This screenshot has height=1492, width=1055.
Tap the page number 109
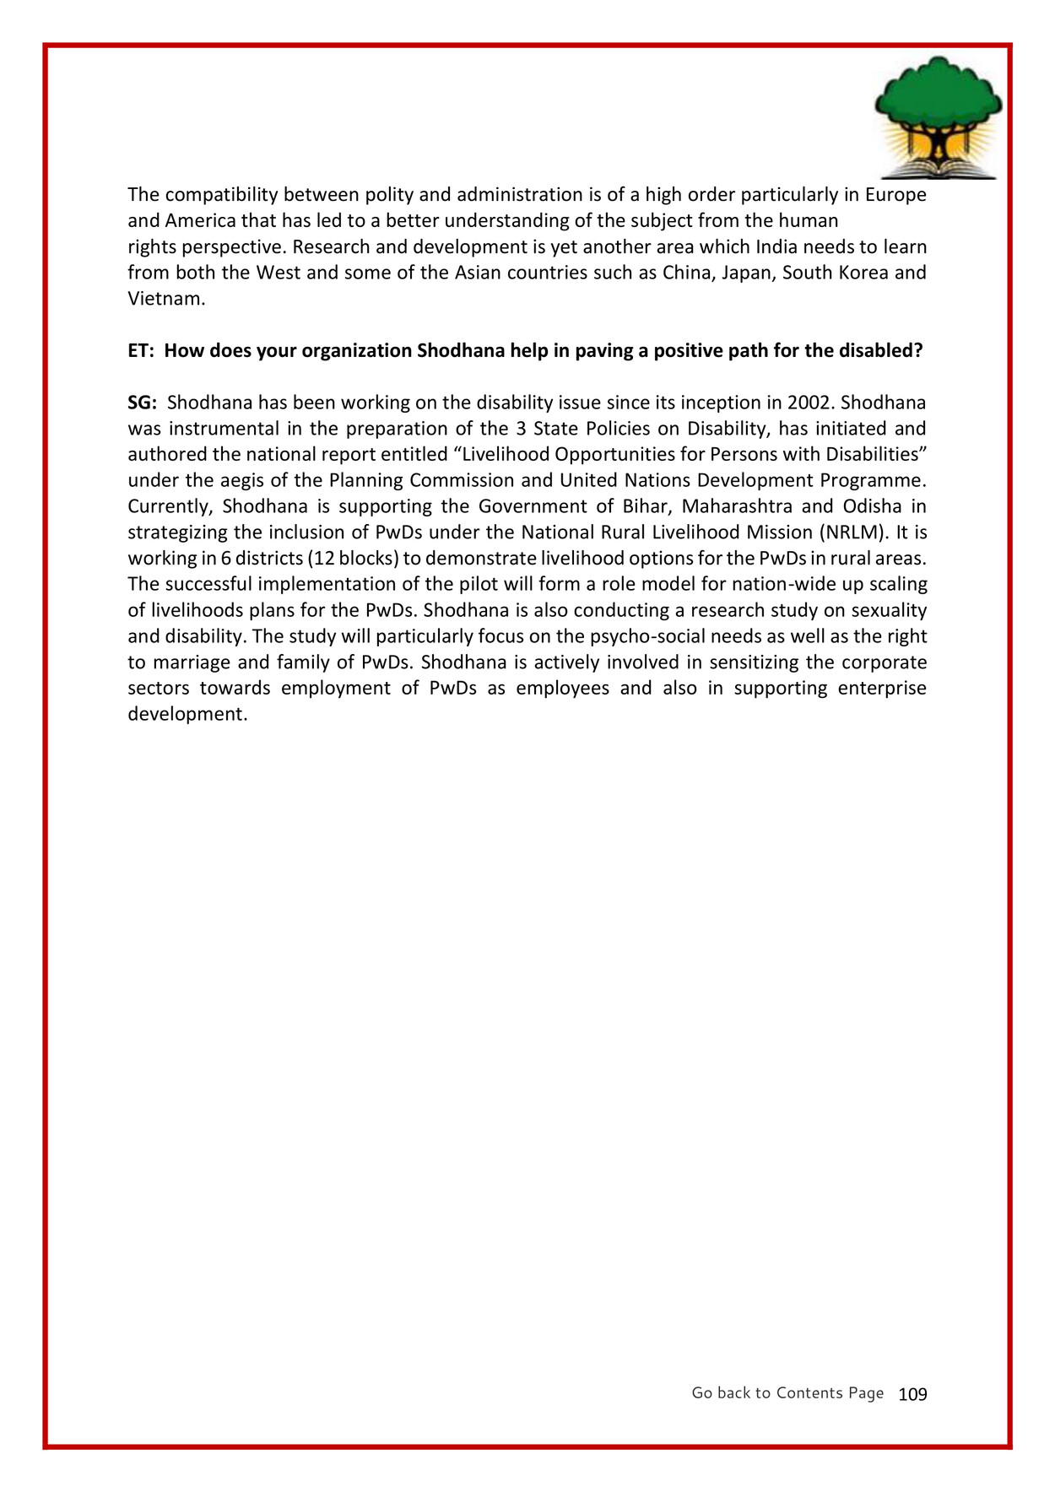(x=912, y=1395)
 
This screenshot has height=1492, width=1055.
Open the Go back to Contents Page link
(x=787, y=1393)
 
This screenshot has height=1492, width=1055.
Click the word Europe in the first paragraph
(x=895, y=195)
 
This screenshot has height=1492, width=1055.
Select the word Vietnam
(x=165, y=299)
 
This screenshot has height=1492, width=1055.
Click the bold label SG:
(x=142, y=403)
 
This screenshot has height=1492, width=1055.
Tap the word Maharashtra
(x=737, y=506)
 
